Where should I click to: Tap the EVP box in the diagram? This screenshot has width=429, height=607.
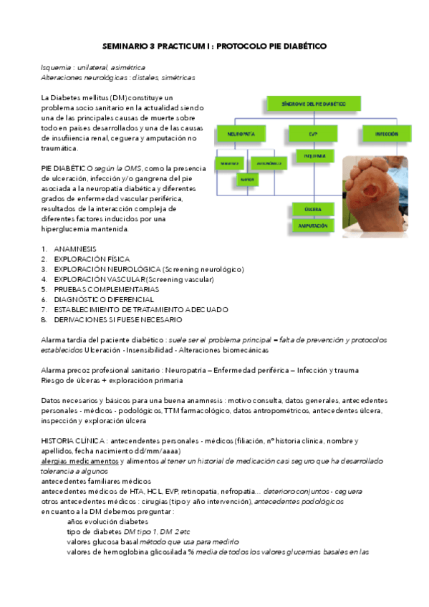point(313,134)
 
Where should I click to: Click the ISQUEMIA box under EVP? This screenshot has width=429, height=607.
point(313,156)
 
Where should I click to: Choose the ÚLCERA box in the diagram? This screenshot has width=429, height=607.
point(313,209)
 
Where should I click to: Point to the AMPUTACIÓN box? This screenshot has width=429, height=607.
point(313,225)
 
